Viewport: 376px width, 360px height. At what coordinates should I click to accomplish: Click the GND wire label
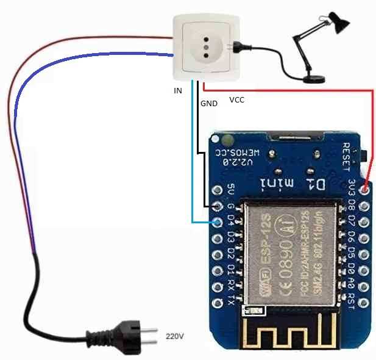[x=209, y=104]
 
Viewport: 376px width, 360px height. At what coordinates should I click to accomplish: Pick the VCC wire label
[x=236, y=99]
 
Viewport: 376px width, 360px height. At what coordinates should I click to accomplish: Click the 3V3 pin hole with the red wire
[x=364, y=190]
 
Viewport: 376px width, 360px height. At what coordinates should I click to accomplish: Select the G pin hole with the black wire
[x=218, y=206]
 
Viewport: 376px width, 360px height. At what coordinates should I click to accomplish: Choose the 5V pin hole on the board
[x=218, y=190]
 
